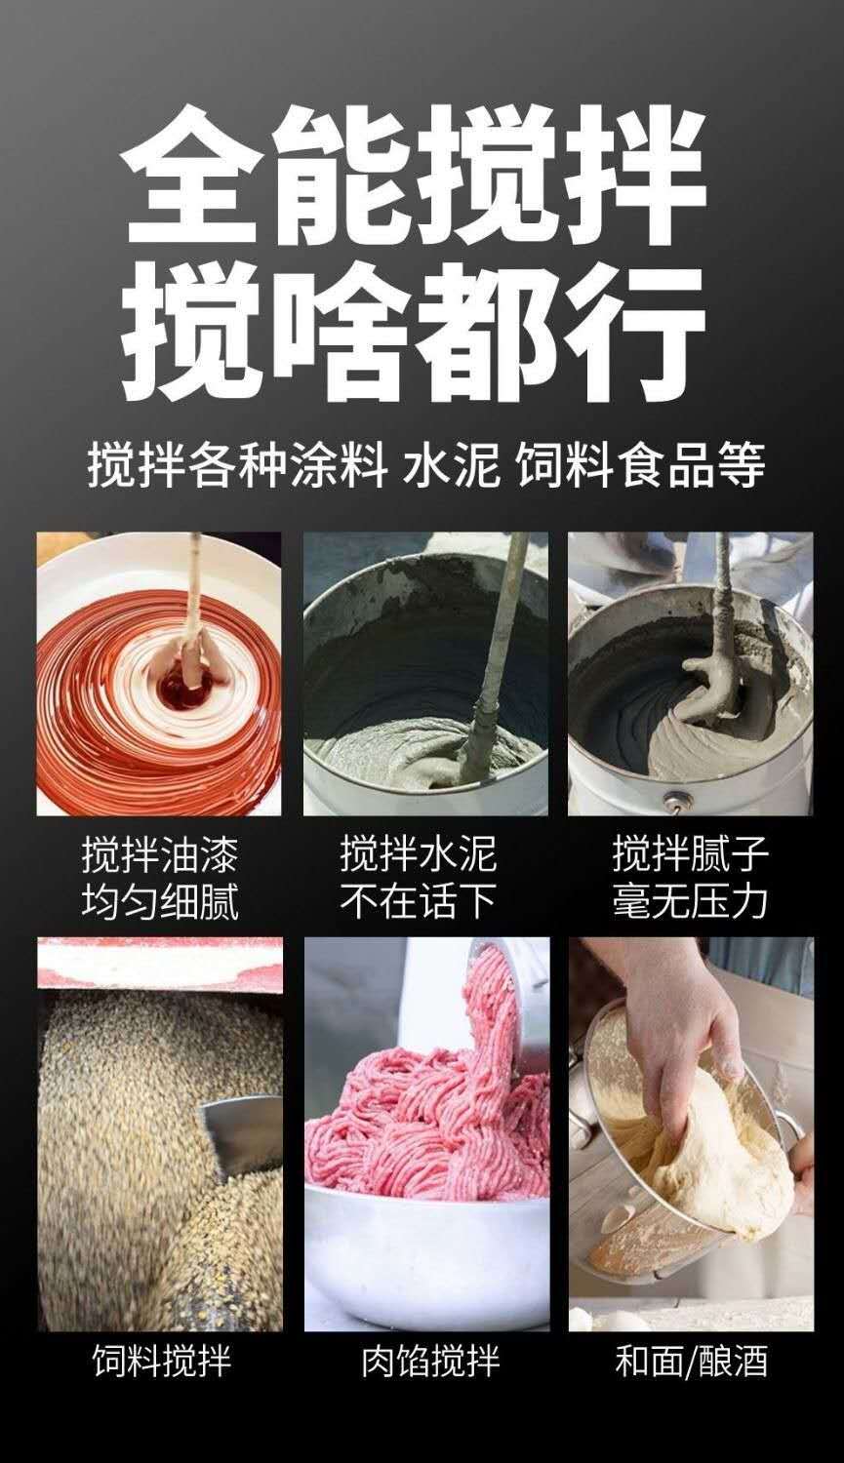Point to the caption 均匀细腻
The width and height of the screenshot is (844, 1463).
click(160, 902)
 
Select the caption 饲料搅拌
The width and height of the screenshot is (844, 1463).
click(161, 1363)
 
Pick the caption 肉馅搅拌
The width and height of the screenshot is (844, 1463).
click(431, 1363)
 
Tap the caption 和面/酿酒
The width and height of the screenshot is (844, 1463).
click(691, 1363)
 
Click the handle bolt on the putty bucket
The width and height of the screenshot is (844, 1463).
click(675, 800)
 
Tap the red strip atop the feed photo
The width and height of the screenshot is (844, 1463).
click(160, 964)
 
